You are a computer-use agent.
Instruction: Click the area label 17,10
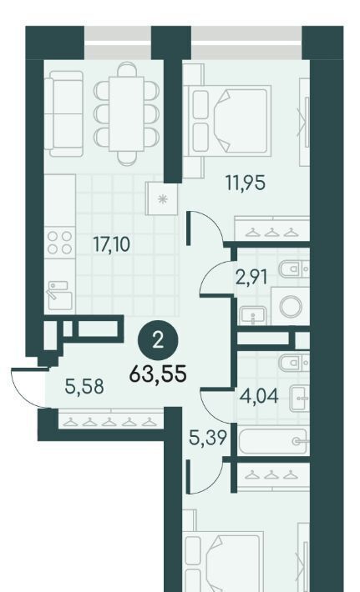click(x=112, y=244)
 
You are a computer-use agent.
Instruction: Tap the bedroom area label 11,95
click(x=246, y=183)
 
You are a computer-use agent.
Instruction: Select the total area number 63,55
click(x=158, y=374)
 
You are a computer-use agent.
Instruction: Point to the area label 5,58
click(x=84, y=387)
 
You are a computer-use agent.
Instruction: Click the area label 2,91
click(x=251, y=278)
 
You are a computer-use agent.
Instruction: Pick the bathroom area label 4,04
click(x=260, y=396)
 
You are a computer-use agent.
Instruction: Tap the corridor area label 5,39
click(x=208, y=438)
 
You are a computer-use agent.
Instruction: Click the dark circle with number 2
click(x=158, y=341)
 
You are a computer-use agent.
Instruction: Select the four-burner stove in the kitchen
click(x=60, y=243)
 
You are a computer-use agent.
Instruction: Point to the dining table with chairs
click(x=126, y=113)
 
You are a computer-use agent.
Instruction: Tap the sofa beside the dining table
click(x=63, y=113)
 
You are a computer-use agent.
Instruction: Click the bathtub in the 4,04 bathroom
click(x=273, y=441)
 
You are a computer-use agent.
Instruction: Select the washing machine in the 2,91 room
click(x=291, y=306)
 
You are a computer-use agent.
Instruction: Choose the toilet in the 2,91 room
click(x=294, y=268)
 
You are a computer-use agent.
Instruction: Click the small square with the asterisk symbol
click(x=162, y=199)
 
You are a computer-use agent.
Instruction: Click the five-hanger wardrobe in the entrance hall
click(x=111, y=420)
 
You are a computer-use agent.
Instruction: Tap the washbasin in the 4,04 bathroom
click(x=300, y=398)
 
